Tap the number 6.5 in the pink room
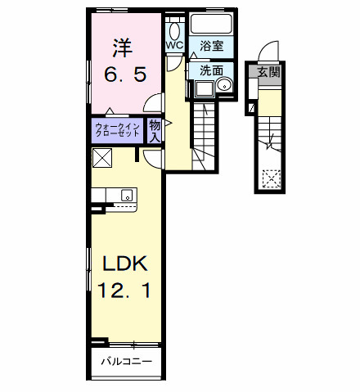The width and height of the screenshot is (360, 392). point(125,74)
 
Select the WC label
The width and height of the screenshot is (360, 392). point(174,46)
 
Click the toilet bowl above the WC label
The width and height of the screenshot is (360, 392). point(174,27)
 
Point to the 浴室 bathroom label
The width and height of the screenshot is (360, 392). point(212,46)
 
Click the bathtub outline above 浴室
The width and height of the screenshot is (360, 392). point(212,25)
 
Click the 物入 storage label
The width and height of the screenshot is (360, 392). point(155,130)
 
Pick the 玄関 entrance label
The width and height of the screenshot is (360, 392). point(269,72)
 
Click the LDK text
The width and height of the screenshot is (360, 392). point(124,264)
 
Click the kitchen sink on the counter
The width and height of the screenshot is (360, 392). point(127,195)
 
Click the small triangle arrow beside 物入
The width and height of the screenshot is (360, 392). point(168,124)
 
